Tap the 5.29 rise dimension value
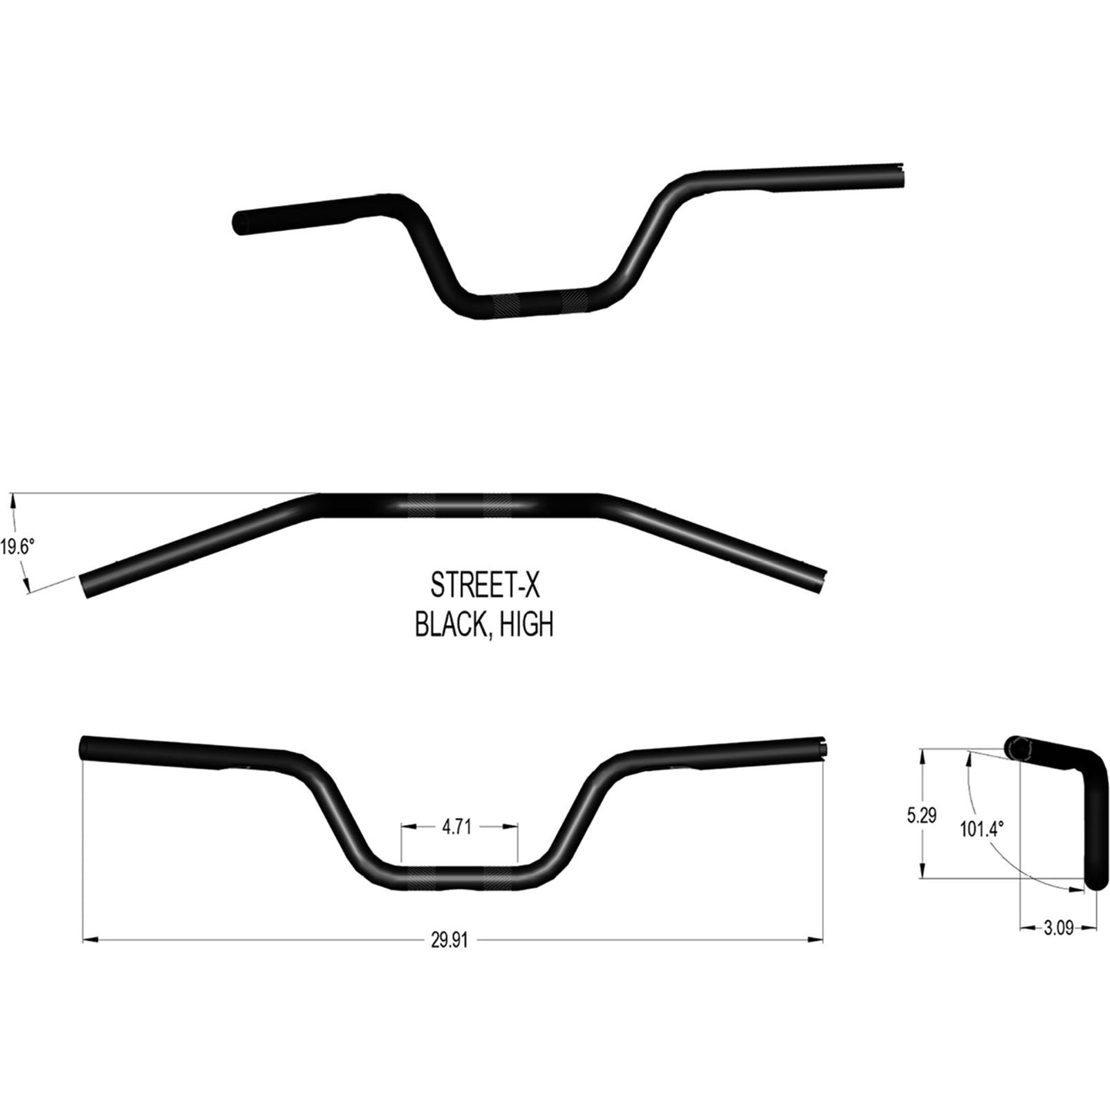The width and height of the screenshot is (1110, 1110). (x=921, y=816)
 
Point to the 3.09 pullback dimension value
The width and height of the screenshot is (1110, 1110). (x=1059, y=929)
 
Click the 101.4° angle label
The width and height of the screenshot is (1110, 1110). (x=982, y=830)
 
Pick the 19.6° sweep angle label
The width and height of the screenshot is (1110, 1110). (x=17, y=547)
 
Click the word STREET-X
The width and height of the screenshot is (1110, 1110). (x=485, y=586)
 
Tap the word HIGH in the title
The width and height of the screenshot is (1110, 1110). (x=527, y=625)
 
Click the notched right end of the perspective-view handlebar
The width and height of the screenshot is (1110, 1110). (x=904, y=175)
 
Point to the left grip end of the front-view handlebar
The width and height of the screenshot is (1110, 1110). (x=85, y=747)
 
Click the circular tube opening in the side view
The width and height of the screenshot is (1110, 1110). (x=1017, y=745)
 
